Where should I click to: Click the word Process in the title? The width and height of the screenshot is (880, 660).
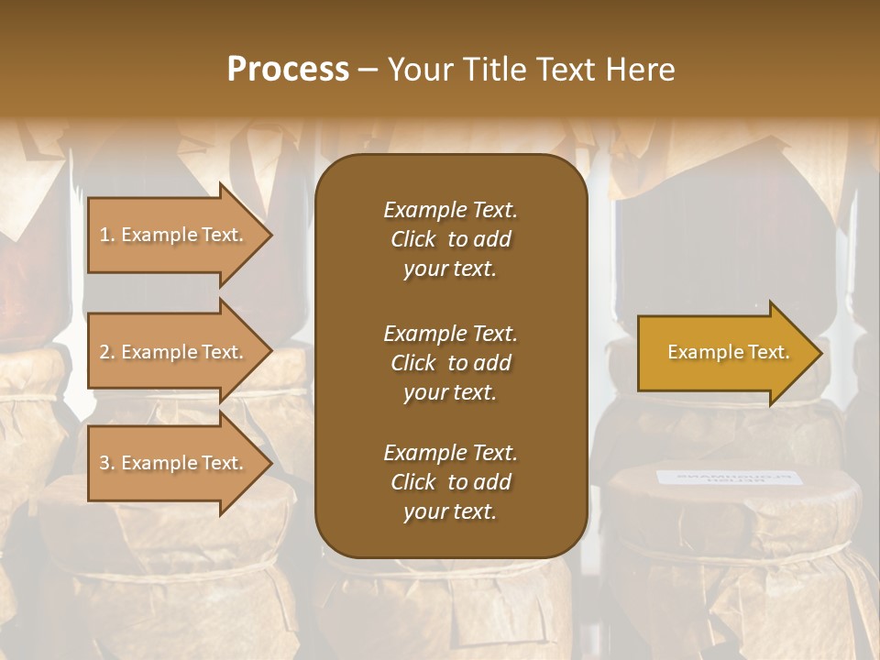(x=288, y=70)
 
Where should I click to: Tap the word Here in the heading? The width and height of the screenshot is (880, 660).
(x=638, y=70)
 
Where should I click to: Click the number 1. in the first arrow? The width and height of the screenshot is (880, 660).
(x=107, y=236)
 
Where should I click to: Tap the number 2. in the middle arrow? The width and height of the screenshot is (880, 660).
(x=107, y=353)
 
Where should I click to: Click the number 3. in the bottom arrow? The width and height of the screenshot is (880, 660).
(x=107, y=464)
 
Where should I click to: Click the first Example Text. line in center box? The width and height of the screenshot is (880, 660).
(x=450, y=210)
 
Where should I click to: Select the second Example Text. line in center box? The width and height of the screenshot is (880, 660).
(x=450, y=333)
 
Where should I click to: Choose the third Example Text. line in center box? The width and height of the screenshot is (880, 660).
(x=450, y=453)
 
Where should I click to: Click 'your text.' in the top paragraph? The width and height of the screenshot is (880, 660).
(x=449, y=269)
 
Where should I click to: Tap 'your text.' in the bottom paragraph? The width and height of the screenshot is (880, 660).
(x=449, y=512)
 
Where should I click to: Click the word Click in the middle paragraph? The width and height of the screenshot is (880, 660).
(x=412, y=363)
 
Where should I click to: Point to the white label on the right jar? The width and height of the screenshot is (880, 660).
(x=729, y=478)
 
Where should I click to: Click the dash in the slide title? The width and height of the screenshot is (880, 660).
(x=368, y=71)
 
